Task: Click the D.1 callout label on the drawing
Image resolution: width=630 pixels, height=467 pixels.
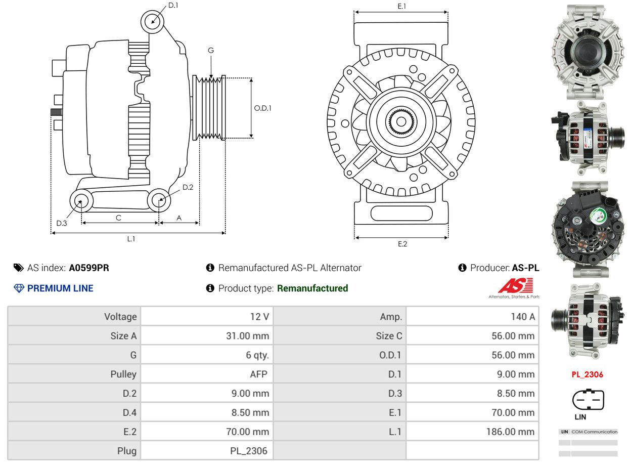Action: [x=173, y=5]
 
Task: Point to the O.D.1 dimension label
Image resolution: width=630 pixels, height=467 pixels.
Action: [x=262, y=108]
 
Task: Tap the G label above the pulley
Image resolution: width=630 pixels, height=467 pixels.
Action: [x=211, y=50]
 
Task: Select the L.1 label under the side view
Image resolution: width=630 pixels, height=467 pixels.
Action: [x=131, y=239]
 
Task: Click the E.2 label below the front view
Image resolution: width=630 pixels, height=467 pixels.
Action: [x=402, y=244]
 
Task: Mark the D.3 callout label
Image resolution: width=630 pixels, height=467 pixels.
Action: [x=62, y=223]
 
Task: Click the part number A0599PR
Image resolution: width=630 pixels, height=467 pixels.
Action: [x=89, y=268]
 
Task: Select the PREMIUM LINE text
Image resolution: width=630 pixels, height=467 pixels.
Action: [x=60, y=288]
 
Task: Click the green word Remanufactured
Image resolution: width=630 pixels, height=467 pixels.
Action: [x=312, y=288]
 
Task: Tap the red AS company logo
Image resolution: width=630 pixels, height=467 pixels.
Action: [x=516, y=285]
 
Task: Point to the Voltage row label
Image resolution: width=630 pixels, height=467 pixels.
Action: [x=120, y=316]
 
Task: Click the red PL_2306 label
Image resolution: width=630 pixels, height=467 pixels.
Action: [x=587, y=374]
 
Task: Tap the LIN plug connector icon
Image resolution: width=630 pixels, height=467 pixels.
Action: [x=588, y=400]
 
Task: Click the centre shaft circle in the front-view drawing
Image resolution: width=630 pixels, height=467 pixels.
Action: [x=401, y=121]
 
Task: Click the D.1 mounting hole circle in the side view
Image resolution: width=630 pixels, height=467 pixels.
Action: [x=152, y=22]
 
